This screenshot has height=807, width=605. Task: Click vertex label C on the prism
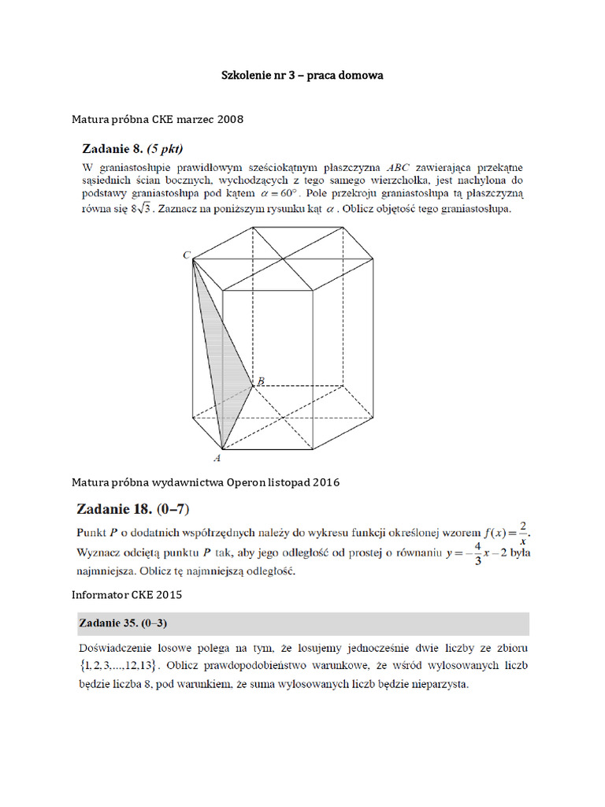(187, 255)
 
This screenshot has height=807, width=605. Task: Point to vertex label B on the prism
(260, 381)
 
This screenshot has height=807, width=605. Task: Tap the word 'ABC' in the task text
(402, 168)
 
